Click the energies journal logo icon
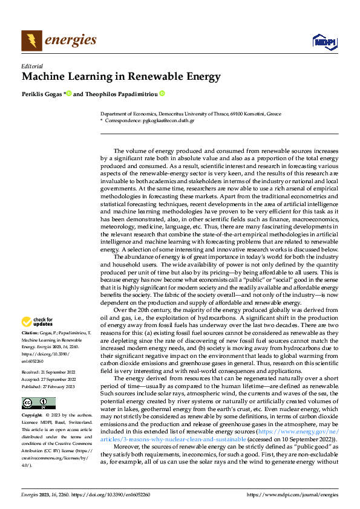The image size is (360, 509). point(31,41)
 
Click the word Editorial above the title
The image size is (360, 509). point(32,66)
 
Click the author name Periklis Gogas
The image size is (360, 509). point(41,94)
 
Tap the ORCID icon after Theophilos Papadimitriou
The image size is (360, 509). point(162,94)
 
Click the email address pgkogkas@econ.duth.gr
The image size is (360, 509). point(169,121)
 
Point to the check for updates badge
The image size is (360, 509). point(39,322)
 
